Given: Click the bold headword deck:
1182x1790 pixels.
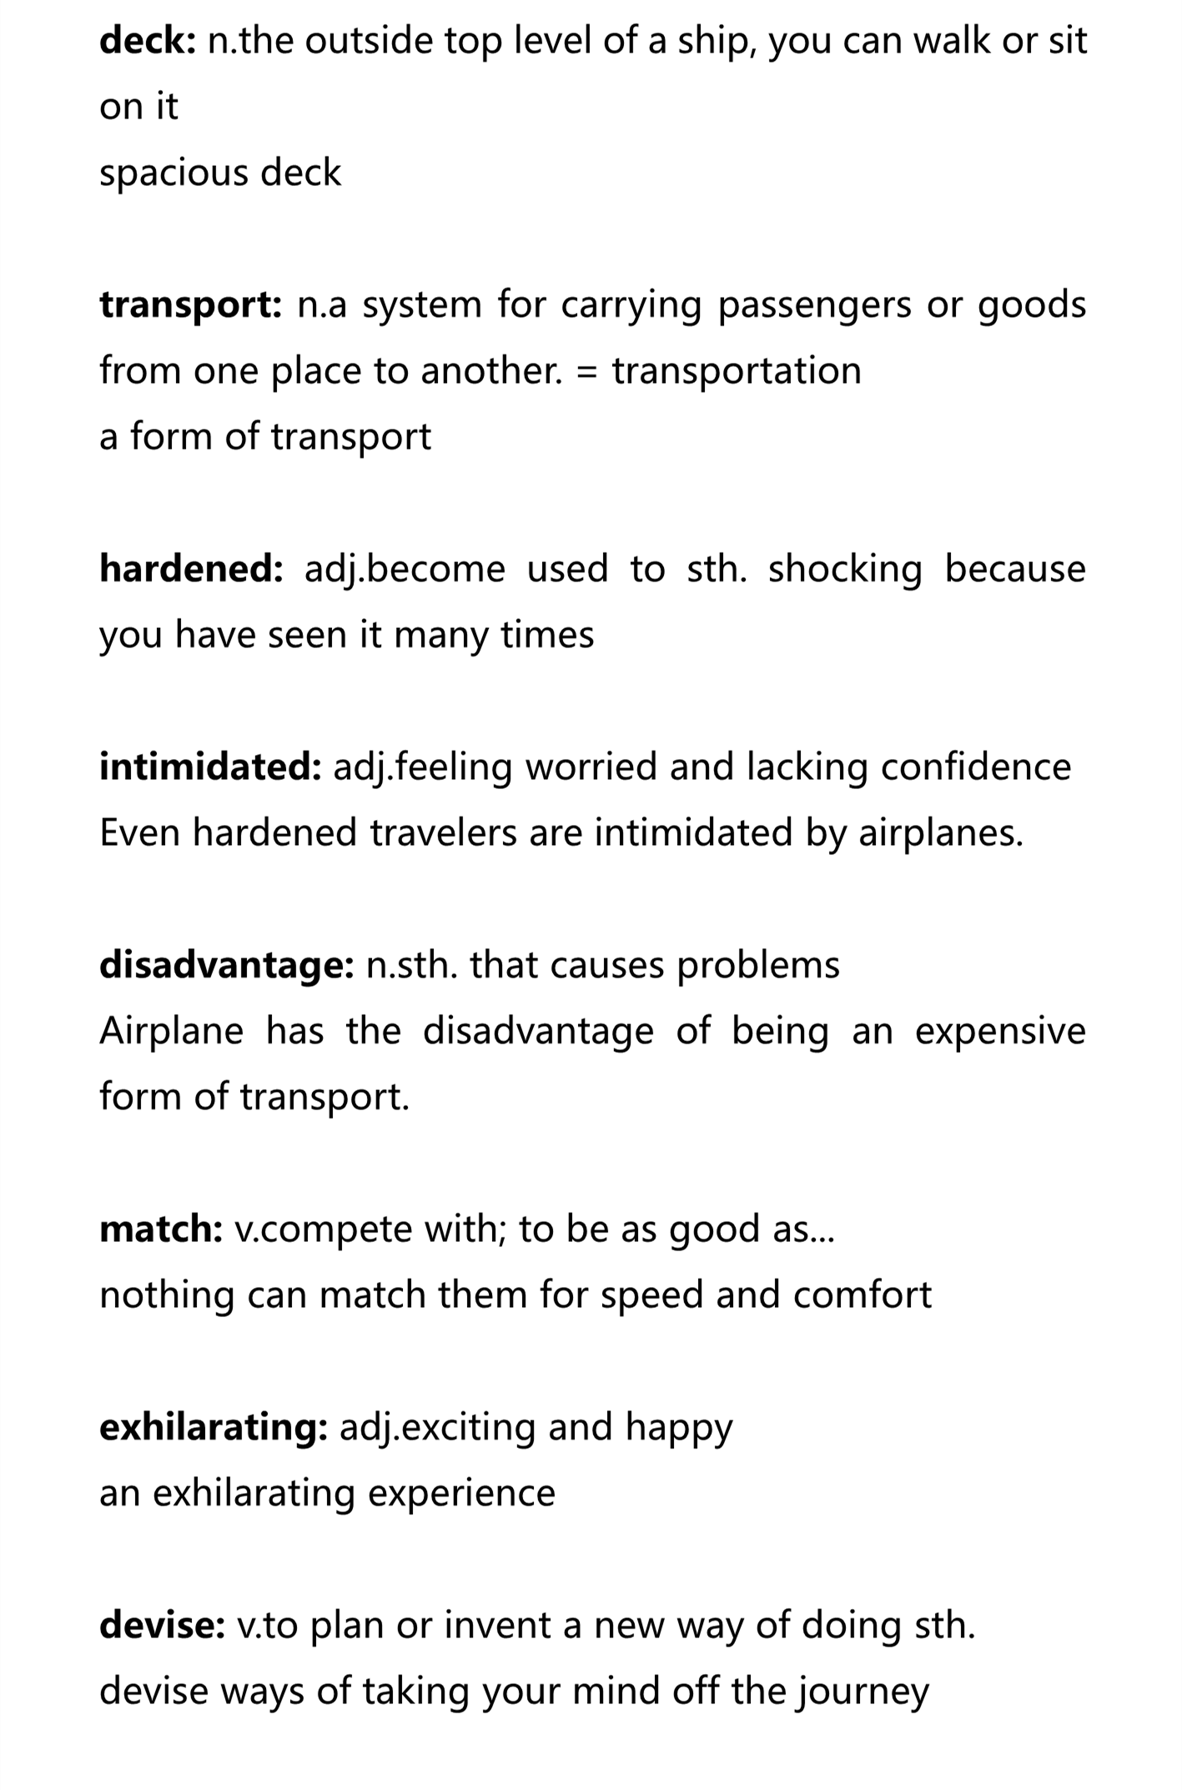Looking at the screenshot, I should pyautogui.click(x=148, y=40).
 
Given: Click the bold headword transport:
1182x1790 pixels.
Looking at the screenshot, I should pyautogui.click(x=191, y=305).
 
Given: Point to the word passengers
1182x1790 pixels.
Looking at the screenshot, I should pyautogui.click(x=814, y=305).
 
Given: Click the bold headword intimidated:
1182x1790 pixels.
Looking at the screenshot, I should pyautogui.click(x=210, y=767).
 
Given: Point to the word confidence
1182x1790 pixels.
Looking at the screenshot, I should pyautogui.click(x=976, y=767).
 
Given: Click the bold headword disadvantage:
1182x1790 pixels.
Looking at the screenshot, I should pyautogui.click(x=227, y=965).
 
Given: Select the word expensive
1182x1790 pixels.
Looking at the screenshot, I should pyautogui.click(x=1000, y=1031).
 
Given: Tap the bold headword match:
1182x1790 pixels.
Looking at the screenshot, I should pyautogui.click(x=161, y=1229).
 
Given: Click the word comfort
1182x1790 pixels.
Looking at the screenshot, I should pyautogui.click(x=862, y=1295).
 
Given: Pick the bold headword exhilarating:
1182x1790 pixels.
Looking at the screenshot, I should pyautogui.click(x=214, y=1427).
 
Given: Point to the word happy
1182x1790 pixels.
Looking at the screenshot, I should pyautogui.click(x=679, y=1427).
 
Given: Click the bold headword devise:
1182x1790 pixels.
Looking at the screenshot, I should pyautogui.click(x=163, y=1625).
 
